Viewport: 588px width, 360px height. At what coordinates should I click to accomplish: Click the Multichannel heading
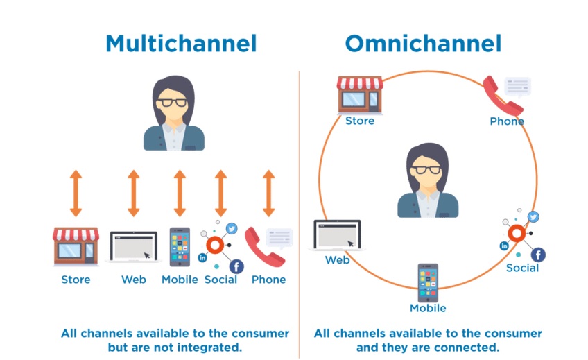pos(181,44)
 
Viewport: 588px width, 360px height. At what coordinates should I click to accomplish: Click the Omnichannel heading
pos(423,44)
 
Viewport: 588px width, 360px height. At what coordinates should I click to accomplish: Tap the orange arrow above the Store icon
pos(76,193)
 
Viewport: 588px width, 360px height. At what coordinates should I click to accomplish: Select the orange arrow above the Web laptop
pos(134,193)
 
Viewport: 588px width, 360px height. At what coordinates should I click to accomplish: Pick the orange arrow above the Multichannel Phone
pos(268,193)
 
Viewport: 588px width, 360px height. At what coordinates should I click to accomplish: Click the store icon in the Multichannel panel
pos(76,246)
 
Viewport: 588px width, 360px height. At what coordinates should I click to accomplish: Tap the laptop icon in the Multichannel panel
pos(134,246)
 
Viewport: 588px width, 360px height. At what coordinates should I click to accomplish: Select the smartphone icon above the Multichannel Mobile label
pos(180,247)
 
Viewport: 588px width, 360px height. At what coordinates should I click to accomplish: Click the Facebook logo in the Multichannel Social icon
pos(236,266)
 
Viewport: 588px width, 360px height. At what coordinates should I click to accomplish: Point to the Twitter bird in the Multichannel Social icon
pos(232,228)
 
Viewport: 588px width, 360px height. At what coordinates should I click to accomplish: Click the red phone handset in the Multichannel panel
pos(263,248)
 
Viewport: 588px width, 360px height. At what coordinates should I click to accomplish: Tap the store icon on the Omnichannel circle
pos(360,95)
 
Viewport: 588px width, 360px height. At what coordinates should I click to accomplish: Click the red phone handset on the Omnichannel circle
pos(503,96)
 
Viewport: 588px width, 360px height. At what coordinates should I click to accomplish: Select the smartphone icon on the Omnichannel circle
pos(428,283)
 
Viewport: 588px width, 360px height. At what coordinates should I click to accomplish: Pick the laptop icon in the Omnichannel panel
pos(337,235)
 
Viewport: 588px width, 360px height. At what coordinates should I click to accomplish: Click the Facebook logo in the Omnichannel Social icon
pos(538,255)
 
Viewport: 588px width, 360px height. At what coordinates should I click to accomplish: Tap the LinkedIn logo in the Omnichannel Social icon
pos(504,246)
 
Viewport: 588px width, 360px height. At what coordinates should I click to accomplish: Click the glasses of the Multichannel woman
pos(172,102)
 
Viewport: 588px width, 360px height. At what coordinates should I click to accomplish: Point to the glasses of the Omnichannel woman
pos(426,169)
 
